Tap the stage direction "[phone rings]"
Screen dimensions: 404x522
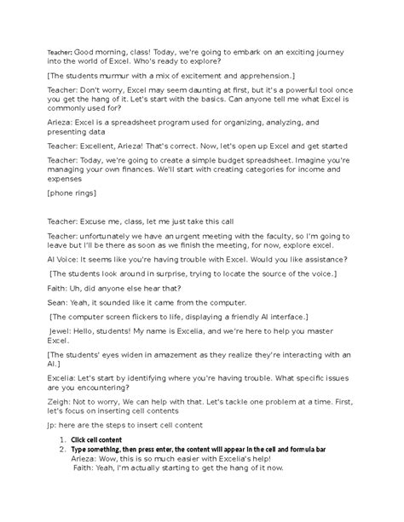74,194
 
